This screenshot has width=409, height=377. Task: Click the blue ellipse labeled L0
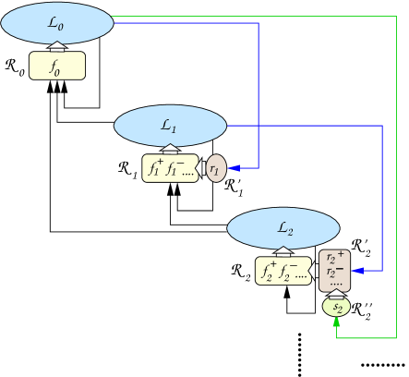(x=57, y=23)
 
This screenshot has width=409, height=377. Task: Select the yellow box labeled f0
(x=57, y=66)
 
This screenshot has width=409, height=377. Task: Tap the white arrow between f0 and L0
(x=57, y=47)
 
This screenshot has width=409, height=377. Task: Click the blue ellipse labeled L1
(x=170, y=126)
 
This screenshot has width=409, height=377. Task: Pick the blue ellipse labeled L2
(x=283, y=227)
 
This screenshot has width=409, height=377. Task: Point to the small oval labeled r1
(x=215, y=168)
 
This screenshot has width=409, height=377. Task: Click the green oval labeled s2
(x=336, y=306)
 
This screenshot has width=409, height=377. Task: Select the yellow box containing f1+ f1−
(x=170, y=168)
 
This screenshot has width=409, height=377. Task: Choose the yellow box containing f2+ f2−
(x=283, y=271)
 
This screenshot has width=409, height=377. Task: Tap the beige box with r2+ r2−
(x=335, y=271)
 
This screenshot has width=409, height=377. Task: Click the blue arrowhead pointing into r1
(x=233, y=168)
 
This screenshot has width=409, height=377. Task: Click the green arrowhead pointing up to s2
(x=336, y=321)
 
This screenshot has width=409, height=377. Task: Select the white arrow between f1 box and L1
(x=170, y=150)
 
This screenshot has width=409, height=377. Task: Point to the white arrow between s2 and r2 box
(x=336, y=294)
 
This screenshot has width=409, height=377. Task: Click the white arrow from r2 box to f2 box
(x=316, y=271)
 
